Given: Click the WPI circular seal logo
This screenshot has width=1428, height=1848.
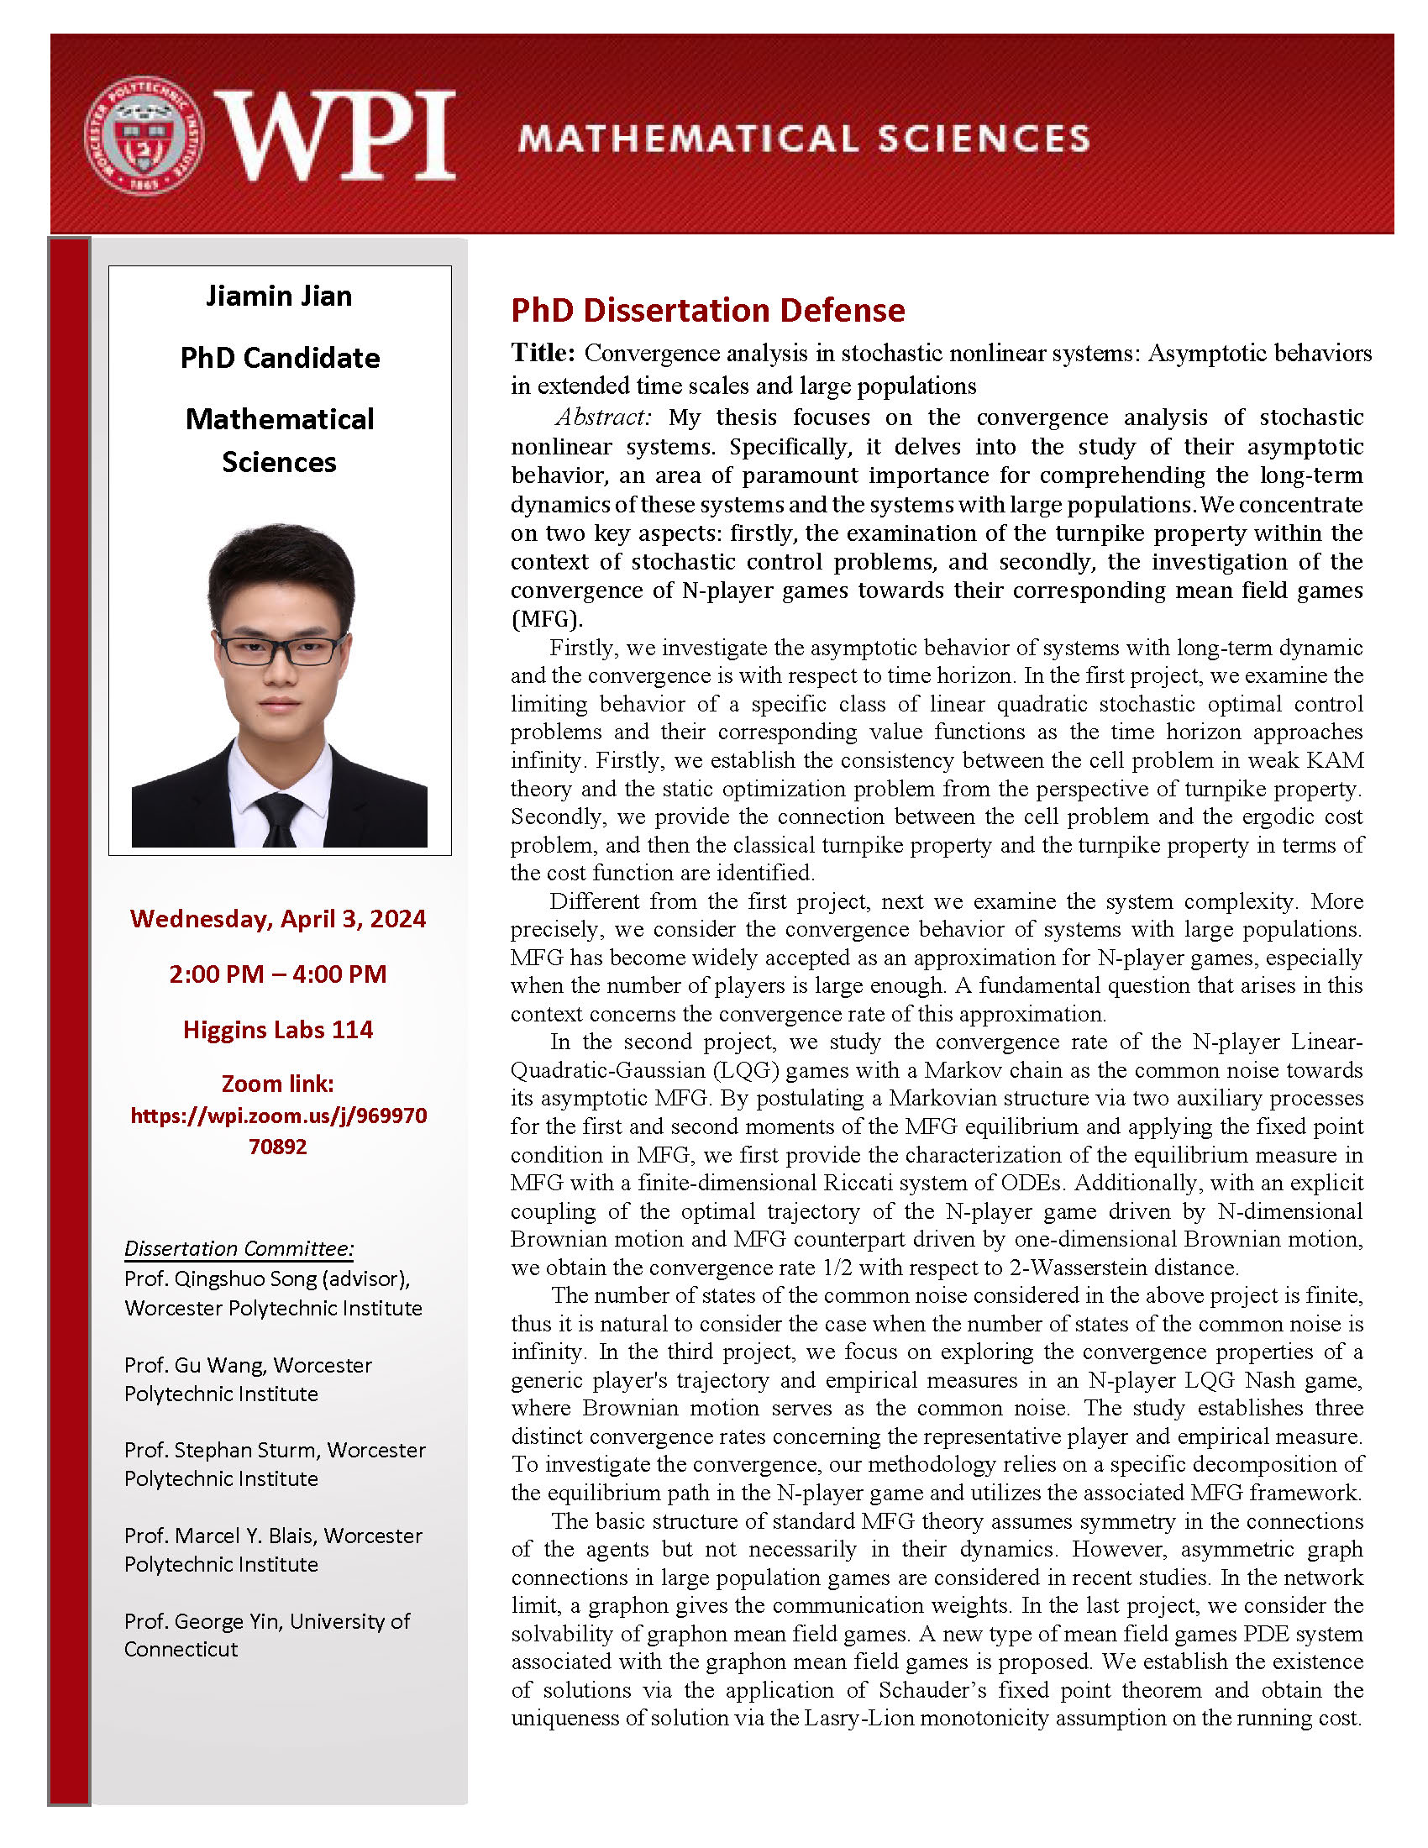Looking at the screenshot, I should pos(144,136).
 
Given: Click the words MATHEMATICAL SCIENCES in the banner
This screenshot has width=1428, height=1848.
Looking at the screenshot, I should pos(804,139).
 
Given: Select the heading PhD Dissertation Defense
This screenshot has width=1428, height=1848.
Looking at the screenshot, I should pos(707,311).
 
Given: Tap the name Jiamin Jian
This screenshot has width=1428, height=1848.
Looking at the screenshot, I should pos(279,297).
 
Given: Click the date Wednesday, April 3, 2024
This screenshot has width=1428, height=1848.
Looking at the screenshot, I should pos(278,919).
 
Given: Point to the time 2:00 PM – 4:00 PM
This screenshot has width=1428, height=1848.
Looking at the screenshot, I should pos(278,974).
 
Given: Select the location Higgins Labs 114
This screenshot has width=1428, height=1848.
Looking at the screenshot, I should pos(278,1030).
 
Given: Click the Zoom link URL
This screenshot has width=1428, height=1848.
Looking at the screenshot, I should pos(278,1131).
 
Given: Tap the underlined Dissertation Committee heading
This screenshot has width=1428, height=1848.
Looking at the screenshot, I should pos(239,1248).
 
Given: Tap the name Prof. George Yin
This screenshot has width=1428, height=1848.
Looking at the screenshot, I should pos(205,1621).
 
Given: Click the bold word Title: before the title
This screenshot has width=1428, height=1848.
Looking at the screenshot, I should pos(543,353).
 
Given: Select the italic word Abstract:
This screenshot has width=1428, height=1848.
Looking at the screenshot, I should pos(603,417).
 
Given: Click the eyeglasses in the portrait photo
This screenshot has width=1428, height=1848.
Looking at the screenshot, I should pos(279,650).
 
